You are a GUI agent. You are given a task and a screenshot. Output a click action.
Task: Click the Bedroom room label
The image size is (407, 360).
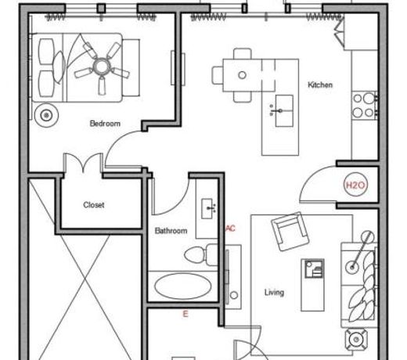(x=105, y=124)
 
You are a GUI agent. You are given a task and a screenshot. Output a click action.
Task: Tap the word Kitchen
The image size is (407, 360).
(x=320, y=85)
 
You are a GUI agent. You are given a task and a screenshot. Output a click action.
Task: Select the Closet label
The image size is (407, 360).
(x=94, y=205)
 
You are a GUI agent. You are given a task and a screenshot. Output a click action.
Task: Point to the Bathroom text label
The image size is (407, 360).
(x=171, y=231)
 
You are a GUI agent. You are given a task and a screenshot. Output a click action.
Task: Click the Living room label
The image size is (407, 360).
(x=274, y=293)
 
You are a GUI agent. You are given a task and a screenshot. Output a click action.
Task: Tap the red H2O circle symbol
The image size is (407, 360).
(x=355, y=185)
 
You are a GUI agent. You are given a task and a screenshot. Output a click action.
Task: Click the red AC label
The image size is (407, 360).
(x=230, y=229)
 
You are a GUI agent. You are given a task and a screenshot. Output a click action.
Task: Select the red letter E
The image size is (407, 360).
(x=185, y=314)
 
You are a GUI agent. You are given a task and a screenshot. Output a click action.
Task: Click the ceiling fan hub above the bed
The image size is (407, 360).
(x=101, y=67)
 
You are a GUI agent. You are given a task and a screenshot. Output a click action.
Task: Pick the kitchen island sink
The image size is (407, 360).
(x=284, y=111)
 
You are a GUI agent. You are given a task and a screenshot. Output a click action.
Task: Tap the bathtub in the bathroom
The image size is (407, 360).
(x=183, y=286)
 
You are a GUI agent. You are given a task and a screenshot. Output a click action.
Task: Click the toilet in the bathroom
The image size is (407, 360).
(x=201, y=255)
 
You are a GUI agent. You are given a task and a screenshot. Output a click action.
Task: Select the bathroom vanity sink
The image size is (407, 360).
(x=208, y=208)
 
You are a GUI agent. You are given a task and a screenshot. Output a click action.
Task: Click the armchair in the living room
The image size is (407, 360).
(x=290, y=232)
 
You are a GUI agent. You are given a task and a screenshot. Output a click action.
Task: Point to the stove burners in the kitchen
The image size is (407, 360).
(x=363, y=106)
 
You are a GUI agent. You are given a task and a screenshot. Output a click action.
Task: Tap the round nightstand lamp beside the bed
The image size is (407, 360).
(x=46, y=115)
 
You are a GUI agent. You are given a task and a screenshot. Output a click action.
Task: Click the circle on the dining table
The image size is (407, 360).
(x=242, y=75)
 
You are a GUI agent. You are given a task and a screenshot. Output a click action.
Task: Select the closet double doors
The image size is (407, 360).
(x=83, y=163)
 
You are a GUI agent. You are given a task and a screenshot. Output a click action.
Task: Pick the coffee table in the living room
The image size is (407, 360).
(x=312, y=285)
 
